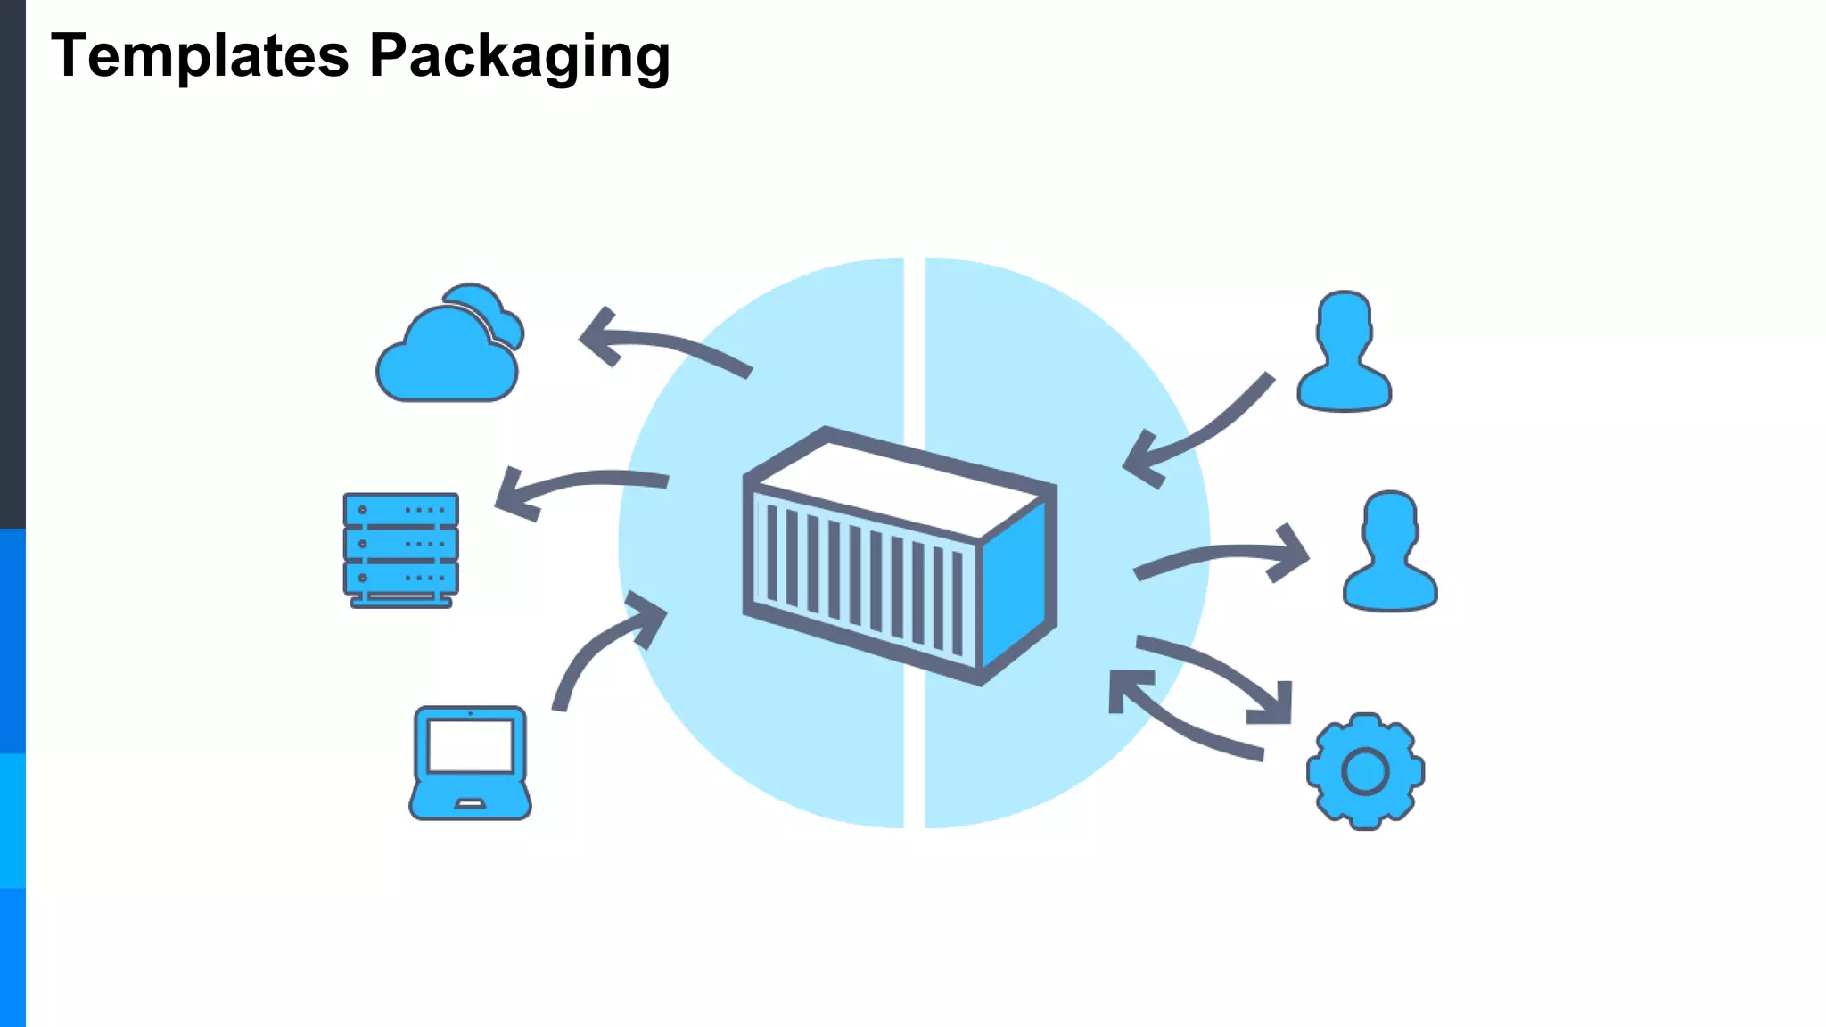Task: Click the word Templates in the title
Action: [199, 56]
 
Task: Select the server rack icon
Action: [400, 549]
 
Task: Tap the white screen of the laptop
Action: [470, 745]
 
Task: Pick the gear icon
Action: [1365, 771]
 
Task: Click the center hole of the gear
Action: [1365, 771]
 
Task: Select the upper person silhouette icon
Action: [1344, 352]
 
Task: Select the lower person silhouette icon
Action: [1389, 552]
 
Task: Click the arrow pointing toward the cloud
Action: [660, 343]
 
